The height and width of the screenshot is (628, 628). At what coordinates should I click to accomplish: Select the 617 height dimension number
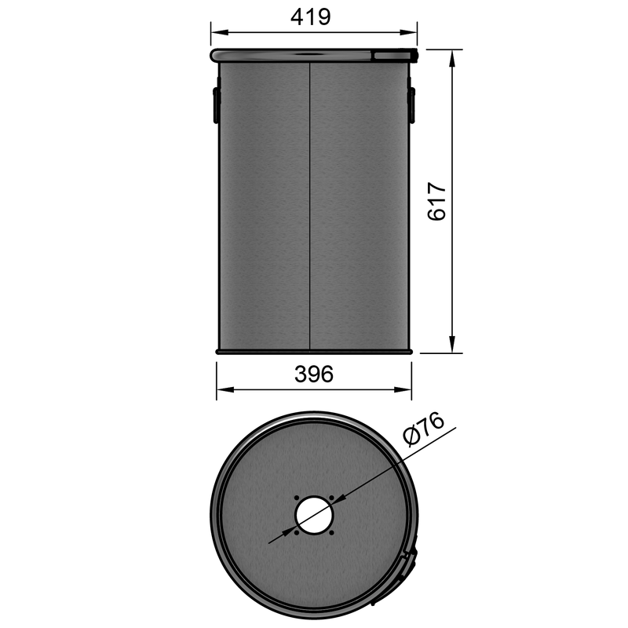pyautogui.click(x=436, y=202)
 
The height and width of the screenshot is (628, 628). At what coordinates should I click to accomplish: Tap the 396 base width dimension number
pyautogui.click(x=314, y=374)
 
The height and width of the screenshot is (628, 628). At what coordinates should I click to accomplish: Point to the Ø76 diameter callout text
pyautogui.click(x=422, y=430)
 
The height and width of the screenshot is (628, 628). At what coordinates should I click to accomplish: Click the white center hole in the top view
pyautogui.click(x=314, y=515)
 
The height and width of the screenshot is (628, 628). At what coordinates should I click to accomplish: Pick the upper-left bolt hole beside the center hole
pyautogui.click(x=295, y=497)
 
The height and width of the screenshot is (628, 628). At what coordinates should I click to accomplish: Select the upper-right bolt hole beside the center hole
pyautogui.click(x=333, y=497)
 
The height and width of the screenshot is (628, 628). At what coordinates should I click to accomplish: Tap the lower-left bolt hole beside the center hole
pyautogui.click(x=295, y=534)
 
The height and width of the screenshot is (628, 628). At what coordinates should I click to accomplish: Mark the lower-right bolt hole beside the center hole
pyautogui.click(x=333, y=534)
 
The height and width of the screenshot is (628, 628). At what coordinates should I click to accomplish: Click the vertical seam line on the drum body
pyautogui.click(x=312, y=204)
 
